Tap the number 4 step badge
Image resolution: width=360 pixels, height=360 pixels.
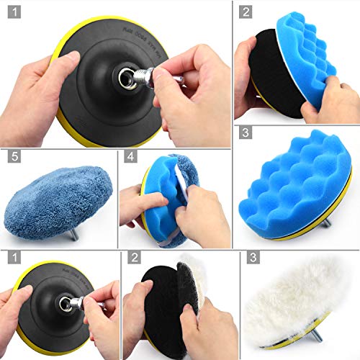130,156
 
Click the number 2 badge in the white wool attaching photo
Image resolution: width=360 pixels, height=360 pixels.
133,256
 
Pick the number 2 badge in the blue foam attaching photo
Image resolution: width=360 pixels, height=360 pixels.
246,12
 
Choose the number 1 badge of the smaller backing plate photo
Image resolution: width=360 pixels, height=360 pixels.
12,256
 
